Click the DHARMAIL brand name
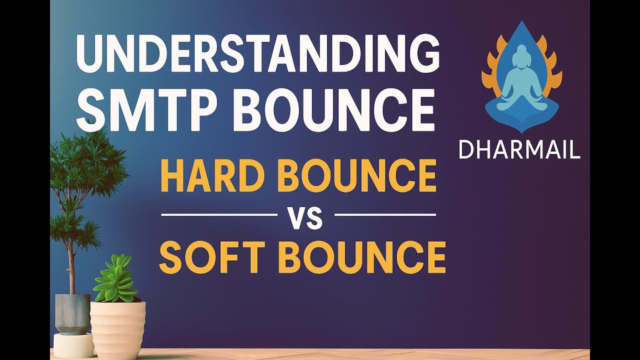pos(519,150)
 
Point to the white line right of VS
pos(385,214)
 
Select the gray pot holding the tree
pos(72,313)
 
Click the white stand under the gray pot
pos(73,345)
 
